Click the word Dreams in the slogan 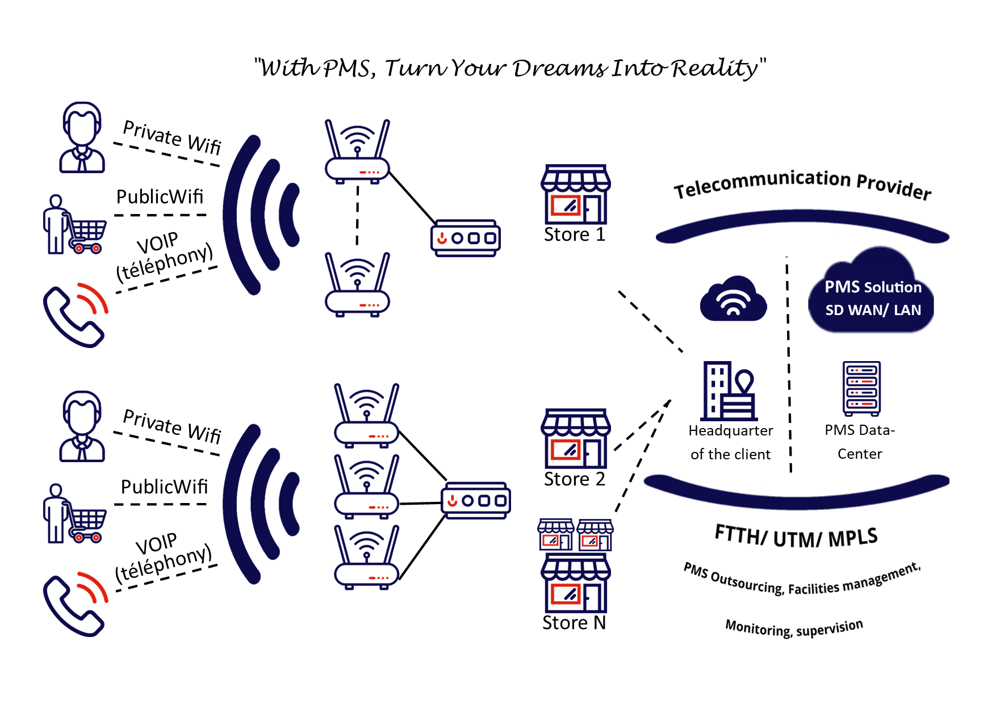[x=559, y=69]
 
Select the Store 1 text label [x=574, y=234]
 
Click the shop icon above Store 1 [x=575, y=195]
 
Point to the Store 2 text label [x=574, y=479]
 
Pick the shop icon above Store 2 [x=575, y=438]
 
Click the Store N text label [x=574, y=623]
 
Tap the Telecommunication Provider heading [x=802, y=184]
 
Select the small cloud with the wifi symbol [x=733, y=299]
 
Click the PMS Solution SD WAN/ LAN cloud [x=872, y=295]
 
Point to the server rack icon [x=861, y=388]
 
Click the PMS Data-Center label [x=860, y=442]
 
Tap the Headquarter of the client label [x=730, y=442]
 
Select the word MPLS [x=852, y=538]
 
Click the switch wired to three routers [x=476, y=501]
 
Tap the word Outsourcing [x=747, y=584]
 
